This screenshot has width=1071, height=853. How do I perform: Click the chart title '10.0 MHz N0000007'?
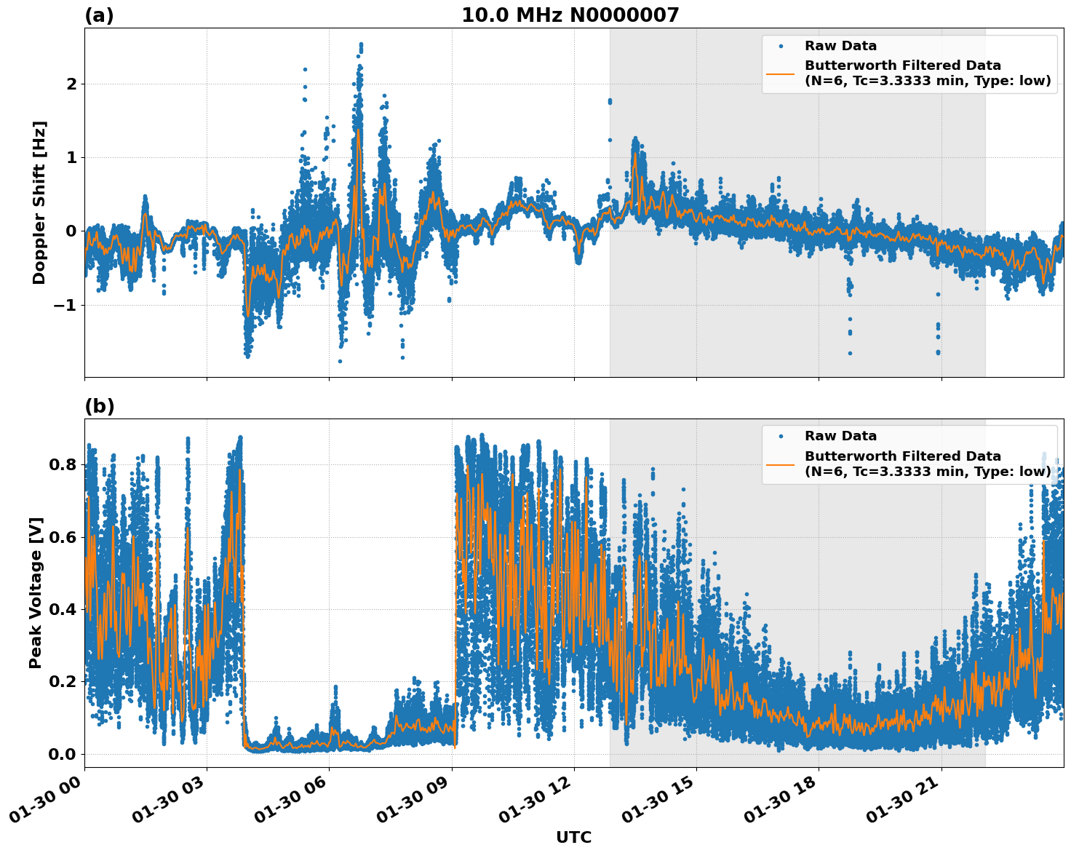(570, 15)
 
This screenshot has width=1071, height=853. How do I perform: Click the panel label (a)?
(99, 15)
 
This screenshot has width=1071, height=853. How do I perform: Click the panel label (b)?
(99, 406)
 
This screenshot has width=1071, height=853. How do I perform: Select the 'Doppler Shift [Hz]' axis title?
(39, 202)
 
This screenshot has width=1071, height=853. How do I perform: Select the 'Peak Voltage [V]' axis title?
(36, 592)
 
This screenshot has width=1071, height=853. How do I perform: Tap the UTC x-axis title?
(573, 837)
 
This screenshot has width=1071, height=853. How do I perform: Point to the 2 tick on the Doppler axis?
(71, 84)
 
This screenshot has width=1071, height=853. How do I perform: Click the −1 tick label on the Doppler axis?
(65, 305)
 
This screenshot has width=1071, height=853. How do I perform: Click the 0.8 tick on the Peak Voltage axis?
(63, 465)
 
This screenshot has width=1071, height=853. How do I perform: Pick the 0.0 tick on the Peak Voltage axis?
(63, 754)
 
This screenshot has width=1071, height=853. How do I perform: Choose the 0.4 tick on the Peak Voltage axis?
(63, 609)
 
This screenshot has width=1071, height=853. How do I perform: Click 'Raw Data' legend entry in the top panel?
(840, 46)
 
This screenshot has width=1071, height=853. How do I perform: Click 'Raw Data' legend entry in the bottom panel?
(840, 436)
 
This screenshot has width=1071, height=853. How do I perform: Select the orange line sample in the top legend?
(780, 73)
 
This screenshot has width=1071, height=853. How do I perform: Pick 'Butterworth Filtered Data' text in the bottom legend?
(902, 456)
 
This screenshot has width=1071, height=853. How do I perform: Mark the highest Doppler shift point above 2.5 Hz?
(361, 44)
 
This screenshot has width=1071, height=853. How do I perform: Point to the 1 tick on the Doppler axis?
(71, 158)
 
